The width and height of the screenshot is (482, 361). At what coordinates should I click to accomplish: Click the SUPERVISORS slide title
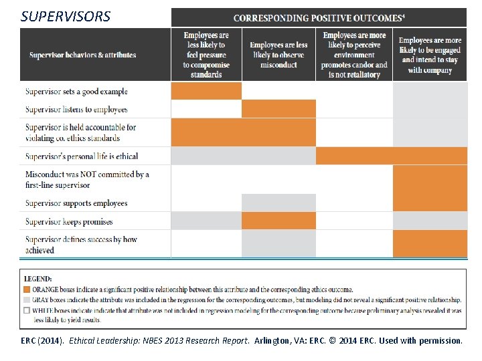[66, 16]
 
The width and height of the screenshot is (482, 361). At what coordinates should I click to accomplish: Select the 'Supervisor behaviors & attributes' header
[82, 55]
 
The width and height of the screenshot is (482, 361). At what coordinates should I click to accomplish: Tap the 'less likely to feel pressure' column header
[206, 55]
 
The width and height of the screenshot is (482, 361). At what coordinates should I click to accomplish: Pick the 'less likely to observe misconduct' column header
[278, 55]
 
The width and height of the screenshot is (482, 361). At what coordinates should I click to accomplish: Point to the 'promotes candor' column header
[353, 55]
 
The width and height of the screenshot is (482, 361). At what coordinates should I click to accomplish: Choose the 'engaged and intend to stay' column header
[430, 55]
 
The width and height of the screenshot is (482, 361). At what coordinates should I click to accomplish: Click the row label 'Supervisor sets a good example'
[76, 92]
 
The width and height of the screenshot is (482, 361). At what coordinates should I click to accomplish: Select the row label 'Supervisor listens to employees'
[76, 110]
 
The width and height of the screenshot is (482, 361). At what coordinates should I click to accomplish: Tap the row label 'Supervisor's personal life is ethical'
[82, 156]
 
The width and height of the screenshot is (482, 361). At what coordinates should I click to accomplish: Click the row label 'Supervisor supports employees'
[76, 203]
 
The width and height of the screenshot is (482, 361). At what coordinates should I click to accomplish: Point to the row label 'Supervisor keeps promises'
[69, 222]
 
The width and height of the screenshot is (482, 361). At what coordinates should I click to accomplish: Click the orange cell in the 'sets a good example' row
[206, 91]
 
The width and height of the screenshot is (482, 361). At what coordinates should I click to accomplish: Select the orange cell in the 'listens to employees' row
[278, 109]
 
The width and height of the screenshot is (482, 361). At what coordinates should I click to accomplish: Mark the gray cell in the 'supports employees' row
[278, 203]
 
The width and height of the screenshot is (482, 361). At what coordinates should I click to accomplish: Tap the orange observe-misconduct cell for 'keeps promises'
[278, 221]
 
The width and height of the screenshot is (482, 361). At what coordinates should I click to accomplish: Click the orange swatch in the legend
[26, 289]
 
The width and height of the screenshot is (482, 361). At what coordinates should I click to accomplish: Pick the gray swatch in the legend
[26, 300]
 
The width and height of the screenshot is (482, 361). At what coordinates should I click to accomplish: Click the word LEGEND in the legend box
[39, 279]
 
